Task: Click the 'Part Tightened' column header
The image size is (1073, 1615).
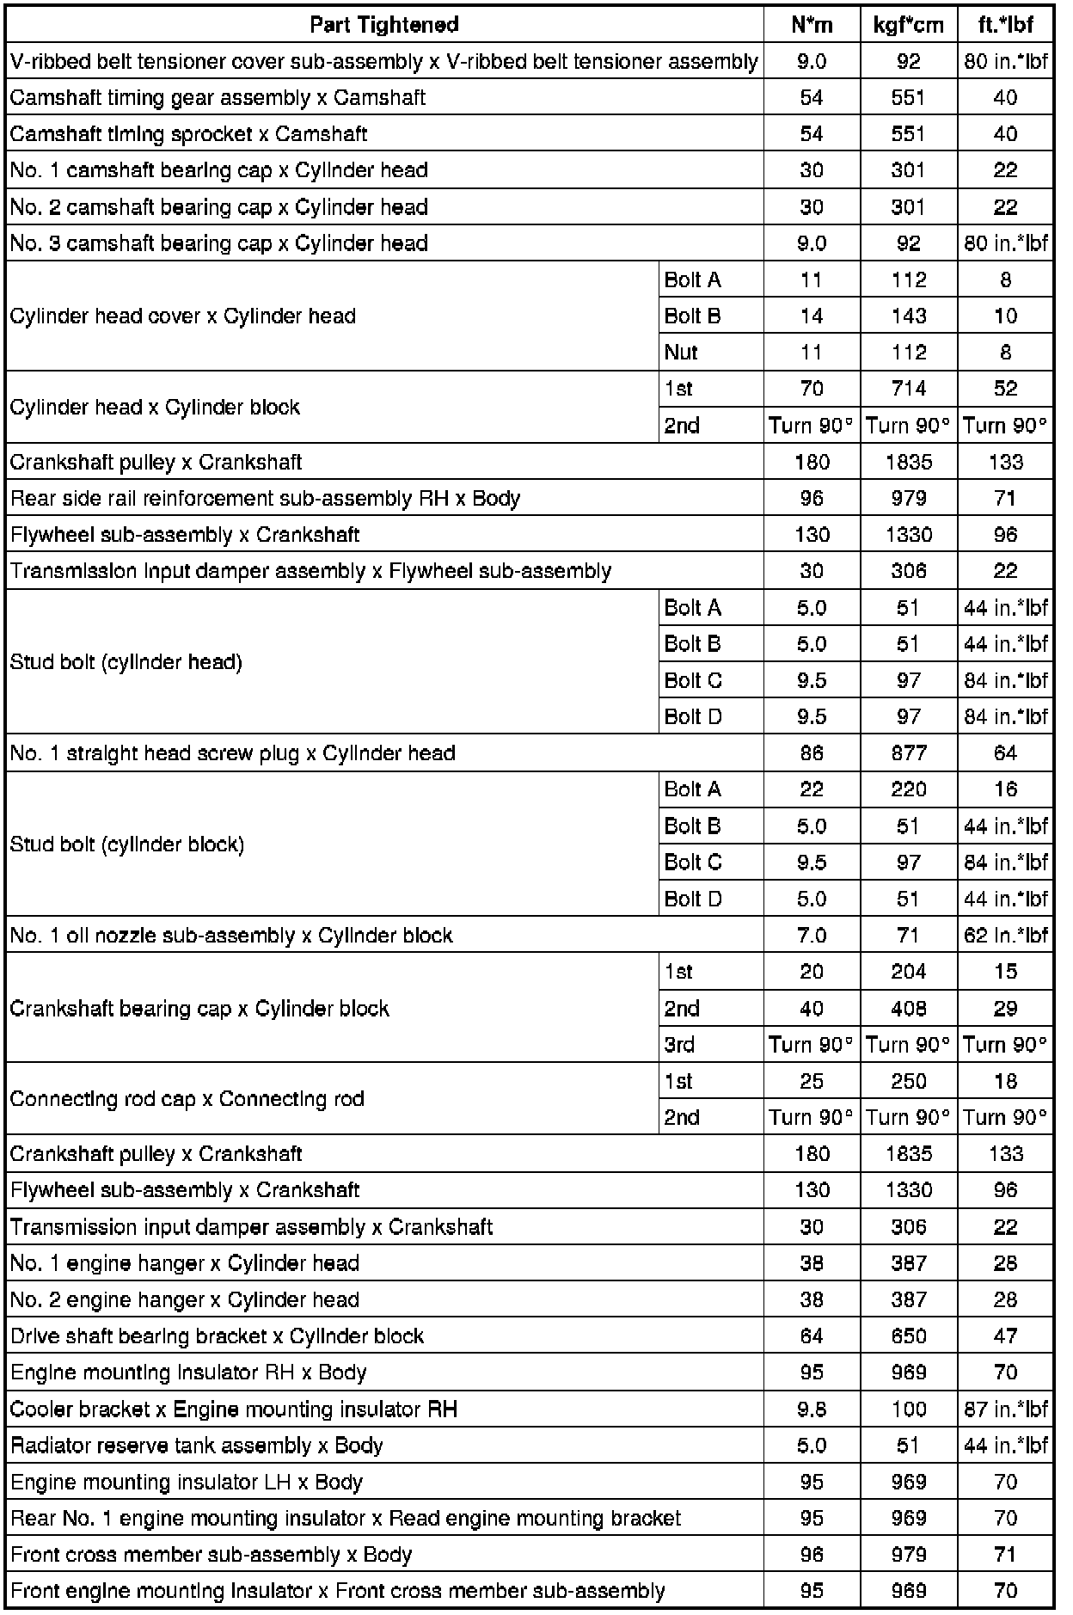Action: tap(383, 25)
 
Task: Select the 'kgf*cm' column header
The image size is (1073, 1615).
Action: tap(908, 25)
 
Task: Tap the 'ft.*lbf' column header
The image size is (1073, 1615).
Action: tap(1005, 25)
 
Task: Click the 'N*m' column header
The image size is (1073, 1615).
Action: tap(811, 25)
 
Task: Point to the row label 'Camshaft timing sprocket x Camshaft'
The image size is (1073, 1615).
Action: tap(188, 134)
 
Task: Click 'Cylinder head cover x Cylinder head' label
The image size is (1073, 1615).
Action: tap(182, 316)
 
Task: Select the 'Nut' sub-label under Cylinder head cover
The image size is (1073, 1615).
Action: tap(681, 353)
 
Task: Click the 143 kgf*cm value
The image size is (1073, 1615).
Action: tap(908, 316)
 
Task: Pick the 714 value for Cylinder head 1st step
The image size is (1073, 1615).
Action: tap(908, 389)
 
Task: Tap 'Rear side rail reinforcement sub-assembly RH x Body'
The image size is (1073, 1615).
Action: tap(265, 499)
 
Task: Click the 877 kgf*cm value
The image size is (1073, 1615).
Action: tap(908, 753)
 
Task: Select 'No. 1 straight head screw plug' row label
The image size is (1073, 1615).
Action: tap(232, 753)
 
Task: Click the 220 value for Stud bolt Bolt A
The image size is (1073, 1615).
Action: tap(908, 789)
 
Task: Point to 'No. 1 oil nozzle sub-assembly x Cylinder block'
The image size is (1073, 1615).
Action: tap(230, 936)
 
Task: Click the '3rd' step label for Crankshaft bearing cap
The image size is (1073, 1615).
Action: tap(679, 1045)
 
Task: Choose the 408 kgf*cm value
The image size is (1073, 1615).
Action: tap(908, 1009)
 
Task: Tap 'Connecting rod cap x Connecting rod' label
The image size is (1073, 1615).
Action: tap(187, 1099)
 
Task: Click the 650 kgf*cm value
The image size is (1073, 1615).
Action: tap(908, 1336)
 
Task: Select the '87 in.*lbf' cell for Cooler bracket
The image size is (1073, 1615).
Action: tap(1005, 1409)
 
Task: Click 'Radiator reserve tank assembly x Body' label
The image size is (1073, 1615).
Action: tap(196, 1446)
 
